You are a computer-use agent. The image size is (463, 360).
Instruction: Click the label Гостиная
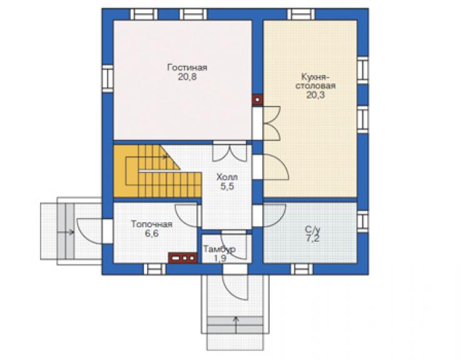tap(187, 68)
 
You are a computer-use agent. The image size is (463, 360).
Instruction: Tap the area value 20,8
tap(187, 77)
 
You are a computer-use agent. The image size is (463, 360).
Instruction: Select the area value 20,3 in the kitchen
tap(315, 95)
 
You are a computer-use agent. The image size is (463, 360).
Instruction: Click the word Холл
tap(227, 177)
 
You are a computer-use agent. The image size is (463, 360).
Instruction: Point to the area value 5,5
tap(227, 187)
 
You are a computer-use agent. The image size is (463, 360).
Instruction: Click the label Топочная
tap(151, 224)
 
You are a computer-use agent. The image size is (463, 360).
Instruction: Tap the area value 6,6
tap(151, 234)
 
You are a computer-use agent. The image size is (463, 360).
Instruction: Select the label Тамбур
tap(220, 249)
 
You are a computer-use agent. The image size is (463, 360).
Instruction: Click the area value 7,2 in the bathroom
tap(312, 239)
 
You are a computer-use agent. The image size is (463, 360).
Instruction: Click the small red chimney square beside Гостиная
tap(258, 100)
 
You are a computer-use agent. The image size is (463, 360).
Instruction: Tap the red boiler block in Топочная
tap(183, 258)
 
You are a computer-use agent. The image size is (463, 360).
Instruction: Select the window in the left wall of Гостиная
tap(108, 78)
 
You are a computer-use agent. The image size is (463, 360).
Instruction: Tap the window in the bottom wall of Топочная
tap(155, 269)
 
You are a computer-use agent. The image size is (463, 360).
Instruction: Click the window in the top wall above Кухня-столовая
tap(301, 14)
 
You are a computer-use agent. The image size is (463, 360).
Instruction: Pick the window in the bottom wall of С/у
tap(302, 269)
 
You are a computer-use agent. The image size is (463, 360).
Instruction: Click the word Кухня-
tap(315, 77)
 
